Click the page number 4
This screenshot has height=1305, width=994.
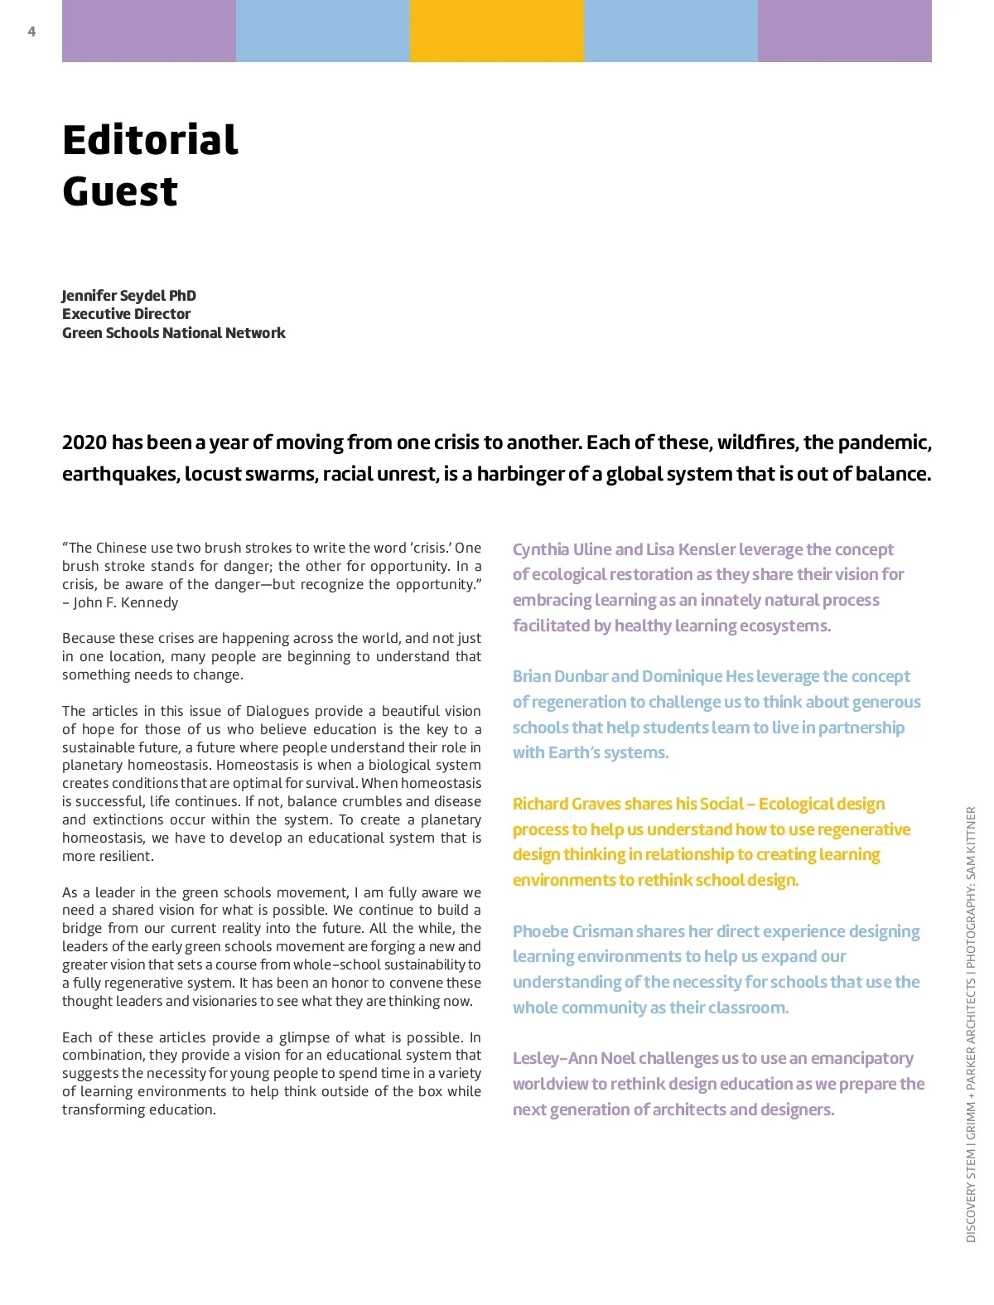coord(31,31)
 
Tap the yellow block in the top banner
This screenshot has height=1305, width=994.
coord(497,31)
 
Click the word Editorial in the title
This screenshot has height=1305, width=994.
coord(150,139)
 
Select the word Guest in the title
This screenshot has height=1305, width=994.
coord(120,191)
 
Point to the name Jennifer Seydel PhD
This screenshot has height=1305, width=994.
coord(129,296)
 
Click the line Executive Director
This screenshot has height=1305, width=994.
coord(126,314)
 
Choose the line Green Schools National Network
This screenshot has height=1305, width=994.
coord(174,333)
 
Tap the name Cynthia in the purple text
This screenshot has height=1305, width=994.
coord(541,549)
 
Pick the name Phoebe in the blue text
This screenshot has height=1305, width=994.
coord(540,931)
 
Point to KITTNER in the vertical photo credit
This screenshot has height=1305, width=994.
coord(971,832)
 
